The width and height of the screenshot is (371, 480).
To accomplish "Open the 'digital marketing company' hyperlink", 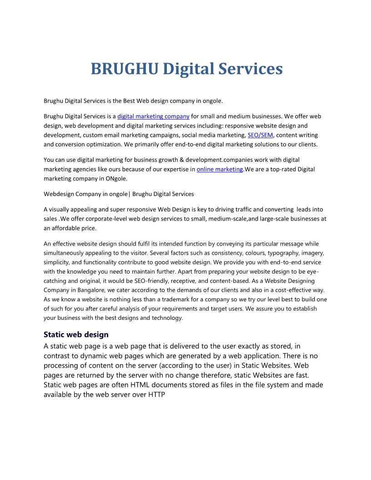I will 153,116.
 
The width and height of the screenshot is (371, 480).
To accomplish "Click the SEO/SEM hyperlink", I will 261,135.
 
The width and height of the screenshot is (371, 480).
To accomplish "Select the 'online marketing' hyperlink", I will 220,169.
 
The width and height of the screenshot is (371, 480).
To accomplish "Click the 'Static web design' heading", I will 76,335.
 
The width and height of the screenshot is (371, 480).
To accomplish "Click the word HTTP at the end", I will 156,395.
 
